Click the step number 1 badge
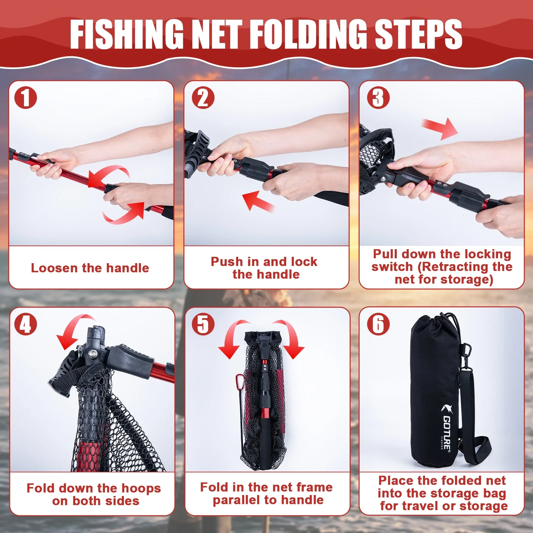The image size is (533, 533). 26,97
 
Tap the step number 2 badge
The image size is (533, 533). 203,97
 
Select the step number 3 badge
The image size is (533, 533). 378,97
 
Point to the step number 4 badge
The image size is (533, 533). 26,324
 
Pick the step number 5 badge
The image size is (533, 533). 203,324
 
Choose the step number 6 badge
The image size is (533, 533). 378,324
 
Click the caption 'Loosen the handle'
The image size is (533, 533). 90,268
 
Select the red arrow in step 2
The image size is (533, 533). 258,201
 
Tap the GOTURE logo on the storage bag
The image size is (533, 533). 446,427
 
